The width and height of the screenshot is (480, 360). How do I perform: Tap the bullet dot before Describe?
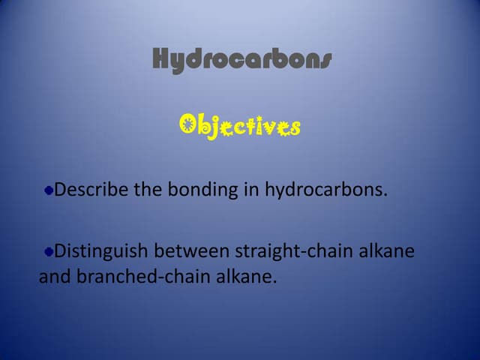click(49, 190)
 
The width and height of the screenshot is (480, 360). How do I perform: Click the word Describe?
click(91, 190)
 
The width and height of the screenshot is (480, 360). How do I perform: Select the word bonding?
click(202, 190)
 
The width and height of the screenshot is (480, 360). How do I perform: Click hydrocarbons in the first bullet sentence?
click(326, 190)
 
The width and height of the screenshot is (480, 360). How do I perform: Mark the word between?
click(195, 250)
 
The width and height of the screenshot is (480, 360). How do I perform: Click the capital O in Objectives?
click(189, 125)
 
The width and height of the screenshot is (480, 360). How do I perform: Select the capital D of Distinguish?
click(61, 250)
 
